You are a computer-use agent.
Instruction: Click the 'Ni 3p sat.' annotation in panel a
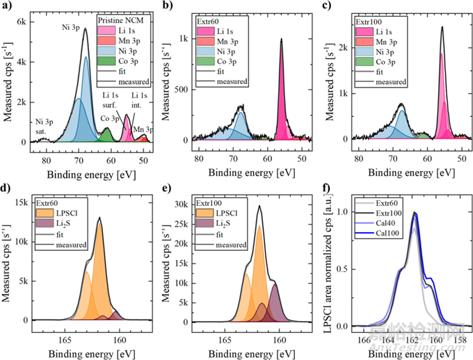pyautogui.click(x=44, y=126)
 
